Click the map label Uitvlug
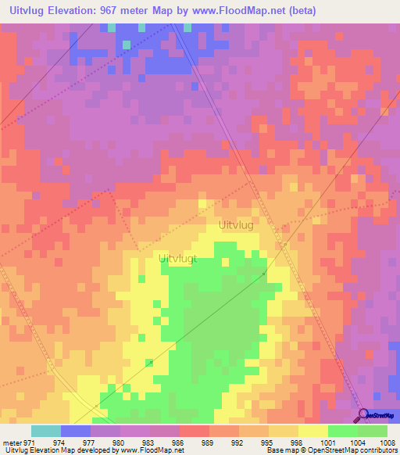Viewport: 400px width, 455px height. [235, 224]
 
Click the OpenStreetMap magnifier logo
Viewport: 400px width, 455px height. [362, 414]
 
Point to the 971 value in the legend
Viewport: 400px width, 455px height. [30, 442]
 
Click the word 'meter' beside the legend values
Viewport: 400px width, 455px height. [12, 442]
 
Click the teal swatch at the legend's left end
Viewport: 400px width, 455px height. [45, 431]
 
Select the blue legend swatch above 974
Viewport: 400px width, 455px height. [76, 431]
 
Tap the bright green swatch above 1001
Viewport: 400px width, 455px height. [342, 431]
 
